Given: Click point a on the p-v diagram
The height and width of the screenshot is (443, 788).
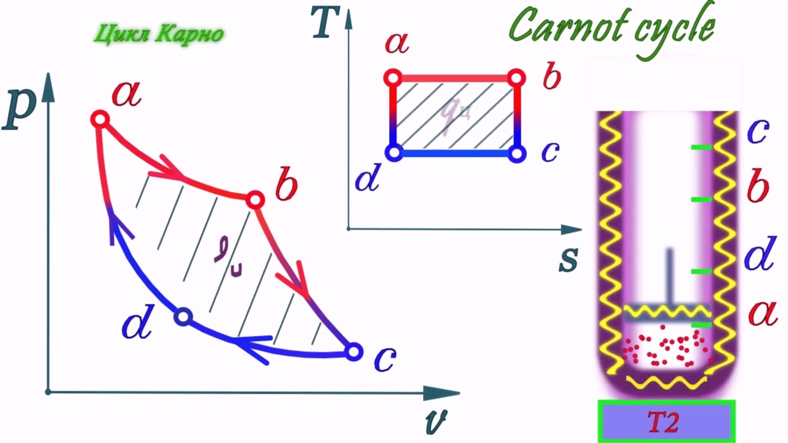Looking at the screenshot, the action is (x=100, y=119).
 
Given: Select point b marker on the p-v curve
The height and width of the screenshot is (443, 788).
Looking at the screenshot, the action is (x=255, y=199).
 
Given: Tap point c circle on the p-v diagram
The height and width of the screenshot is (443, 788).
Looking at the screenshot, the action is (x=353, y=351).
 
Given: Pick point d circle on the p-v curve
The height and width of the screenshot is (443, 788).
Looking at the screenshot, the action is (x=183, y=317).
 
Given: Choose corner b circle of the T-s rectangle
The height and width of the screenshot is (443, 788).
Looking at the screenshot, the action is (x=517, y=78).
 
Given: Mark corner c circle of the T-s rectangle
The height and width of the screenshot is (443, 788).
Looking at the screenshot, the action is (x=517, y=153).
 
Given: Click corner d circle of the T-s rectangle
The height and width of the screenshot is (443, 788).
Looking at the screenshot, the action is (x=393, y=153).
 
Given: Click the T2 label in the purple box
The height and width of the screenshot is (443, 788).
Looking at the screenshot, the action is (x=664, y=422).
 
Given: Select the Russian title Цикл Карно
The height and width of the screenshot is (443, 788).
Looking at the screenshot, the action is (x=159, y=34).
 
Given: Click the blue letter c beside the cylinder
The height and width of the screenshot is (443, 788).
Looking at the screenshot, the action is (x=758, y=130).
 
